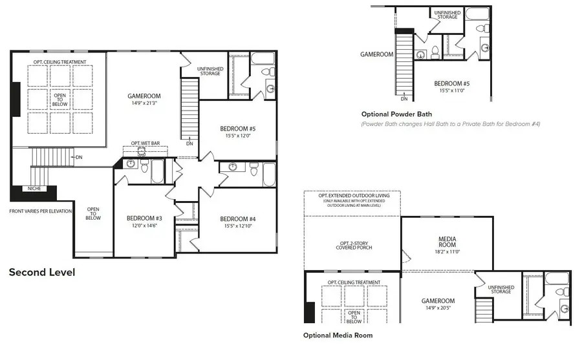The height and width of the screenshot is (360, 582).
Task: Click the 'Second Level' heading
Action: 42,272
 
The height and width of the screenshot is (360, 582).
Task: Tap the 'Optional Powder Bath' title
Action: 397,114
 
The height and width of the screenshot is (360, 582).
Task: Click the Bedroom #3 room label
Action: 144,218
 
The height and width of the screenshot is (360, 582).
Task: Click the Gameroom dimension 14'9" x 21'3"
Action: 144,103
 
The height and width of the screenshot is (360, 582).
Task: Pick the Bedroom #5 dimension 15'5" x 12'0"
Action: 237,136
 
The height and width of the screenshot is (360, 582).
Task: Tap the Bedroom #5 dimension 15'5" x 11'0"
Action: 451,90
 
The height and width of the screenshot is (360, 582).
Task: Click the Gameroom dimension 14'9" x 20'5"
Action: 438,308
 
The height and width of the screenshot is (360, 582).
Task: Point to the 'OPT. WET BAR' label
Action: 145,143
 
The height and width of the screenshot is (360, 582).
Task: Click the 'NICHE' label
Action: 34,189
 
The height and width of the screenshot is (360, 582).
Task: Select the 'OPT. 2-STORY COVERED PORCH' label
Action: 352,245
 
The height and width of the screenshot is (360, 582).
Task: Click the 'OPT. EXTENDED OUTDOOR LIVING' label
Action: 352,196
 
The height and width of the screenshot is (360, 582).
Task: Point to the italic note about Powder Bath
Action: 451,123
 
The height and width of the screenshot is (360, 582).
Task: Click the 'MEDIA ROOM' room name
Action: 446,242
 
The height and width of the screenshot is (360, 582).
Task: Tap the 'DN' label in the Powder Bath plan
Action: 404,98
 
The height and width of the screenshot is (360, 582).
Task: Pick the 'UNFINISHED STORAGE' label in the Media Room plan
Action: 501,290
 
